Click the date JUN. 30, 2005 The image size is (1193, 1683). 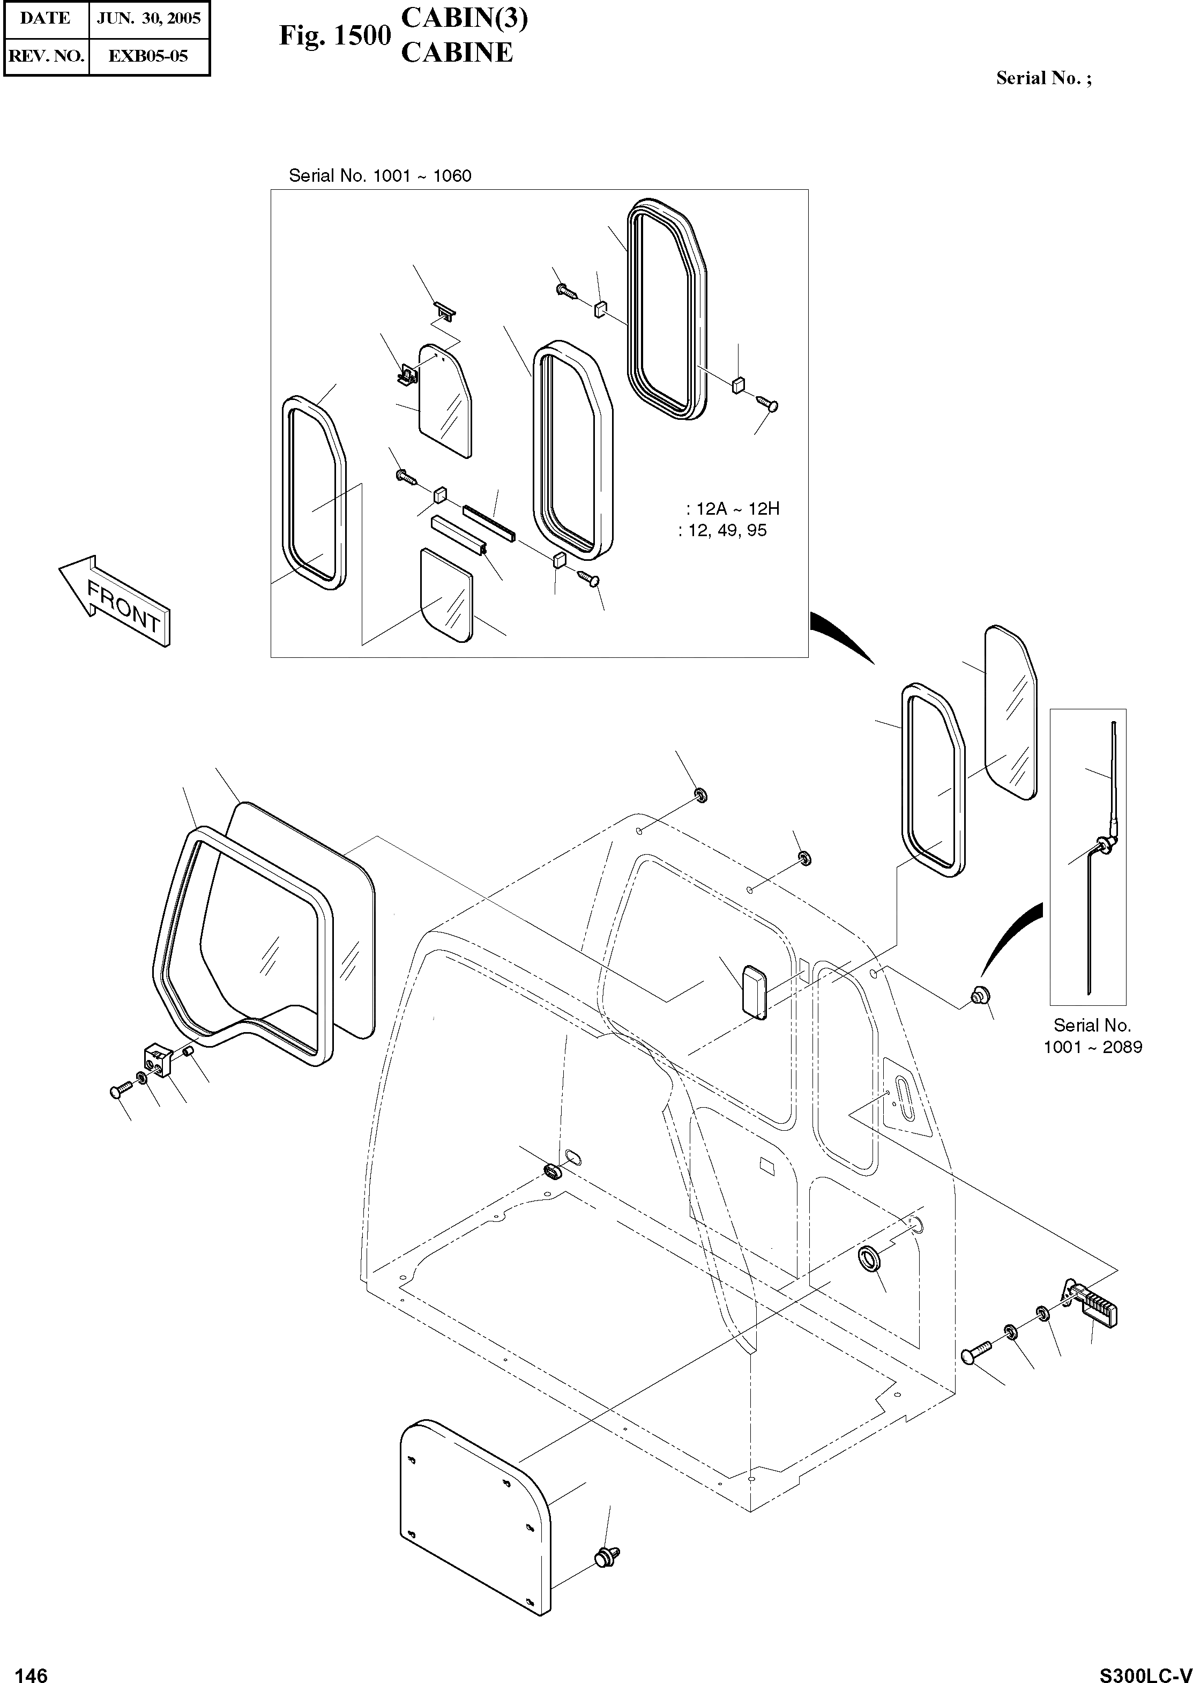[x=149, y=18]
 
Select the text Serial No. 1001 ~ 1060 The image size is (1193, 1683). [x=380, y=176]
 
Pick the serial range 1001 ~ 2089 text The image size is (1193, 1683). [x=1093, y=1047]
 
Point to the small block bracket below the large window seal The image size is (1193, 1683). [x=157, y=1058]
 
